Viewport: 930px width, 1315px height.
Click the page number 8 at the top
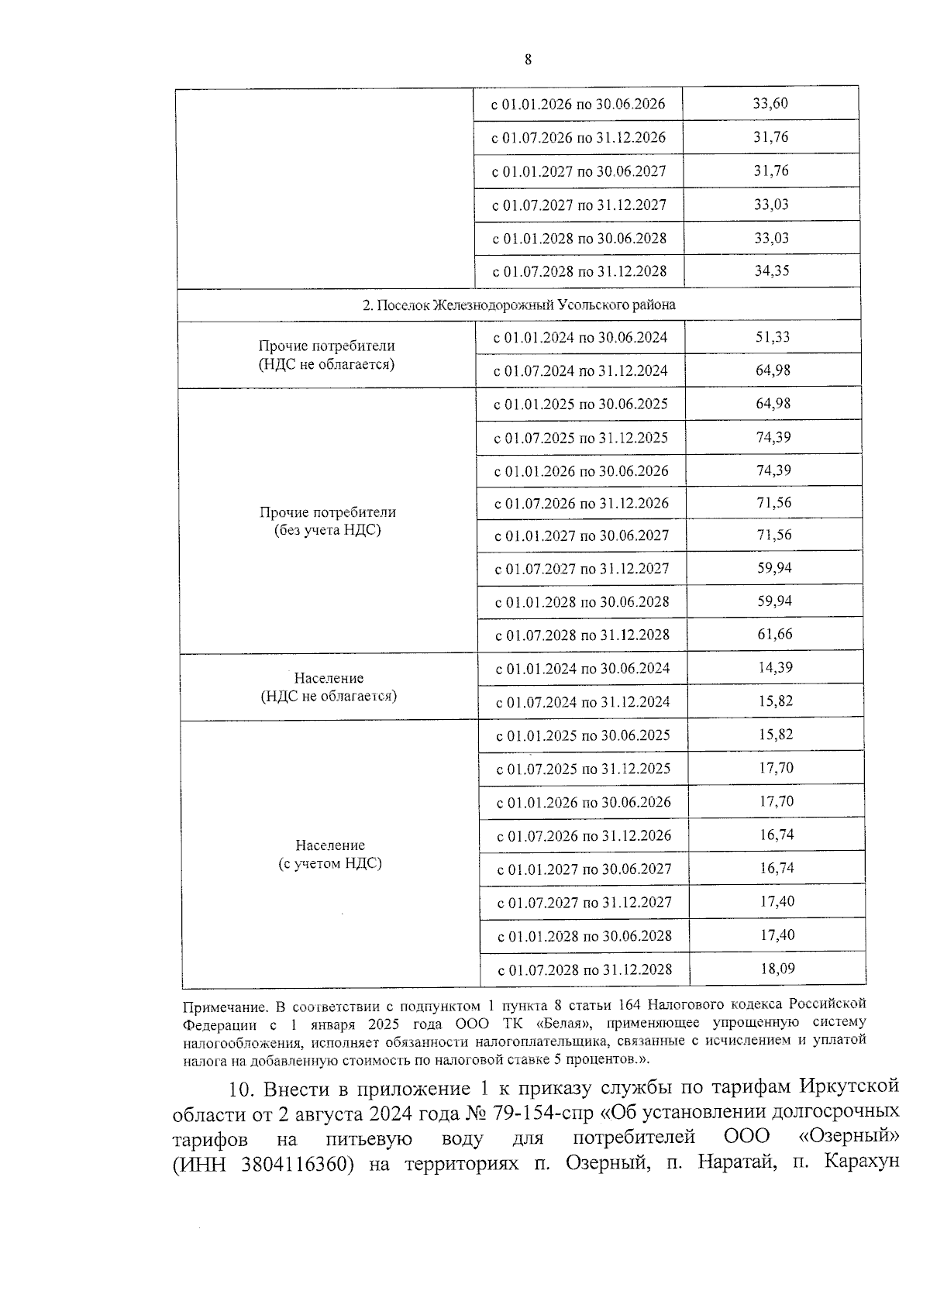[528, 60]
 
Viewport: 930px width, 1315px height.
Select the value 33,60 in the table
[770, 103]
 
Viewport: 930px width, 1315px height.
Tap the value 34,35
[772, 270]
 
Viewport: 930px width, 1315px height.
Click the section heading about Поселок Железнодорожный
[519, 305]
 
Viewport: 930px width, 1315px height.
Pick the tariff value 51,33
[773, 337]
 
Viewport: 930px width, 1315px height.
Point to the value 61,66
[775, 634]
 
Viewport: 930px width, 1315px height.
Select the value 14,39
[775, 667]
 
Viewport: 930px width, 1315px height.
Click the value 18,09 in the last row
[777, 969]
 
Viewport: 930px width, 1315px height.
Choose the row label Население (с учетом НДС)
[330, 854]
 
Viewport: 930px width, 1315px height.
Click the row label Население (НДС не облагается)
[329, 687]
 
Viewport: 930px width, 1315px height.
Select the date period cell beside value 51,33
[580, 338]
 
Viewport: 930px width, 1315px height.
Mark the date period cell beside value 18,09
[584, 969]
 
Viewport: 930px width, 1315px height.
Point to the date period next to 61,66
[582, 635]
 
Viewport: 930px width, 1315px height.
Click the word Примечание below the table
[225, 1007]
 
